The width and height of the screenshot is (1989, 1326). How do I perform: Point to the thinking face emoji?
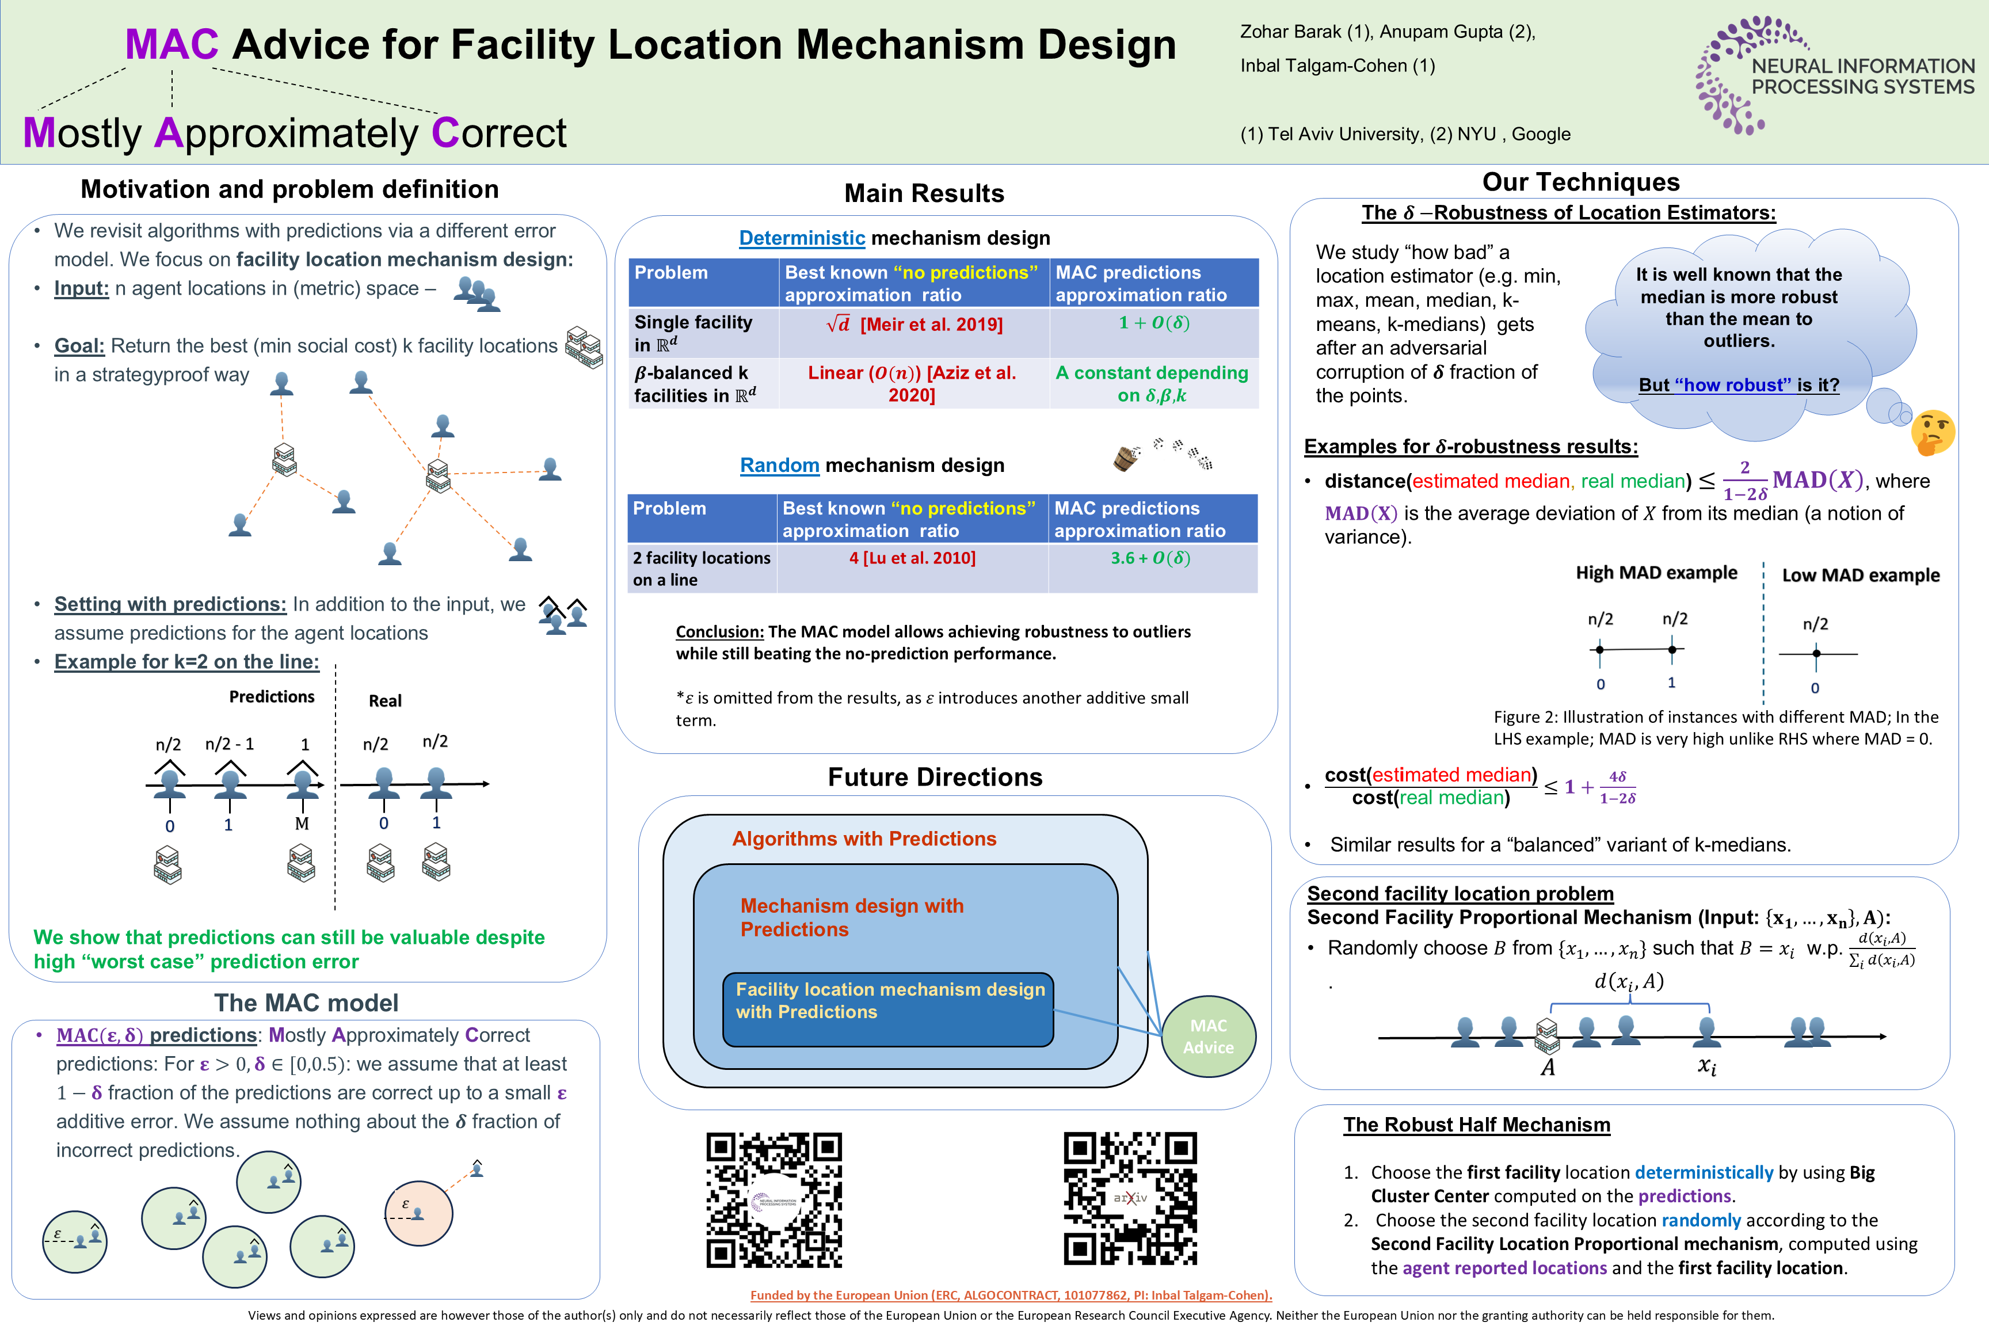1933,432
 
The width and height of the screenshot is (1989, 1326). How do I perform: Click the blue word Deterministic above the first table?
801,238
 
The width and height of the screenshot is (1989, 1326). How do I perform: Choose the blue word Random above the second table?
779,465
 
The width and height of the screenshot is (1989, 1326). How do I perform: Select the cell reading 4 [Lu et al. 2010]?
912,558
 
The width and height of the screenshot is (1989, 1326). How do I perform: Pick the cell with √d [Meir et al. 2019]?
913,324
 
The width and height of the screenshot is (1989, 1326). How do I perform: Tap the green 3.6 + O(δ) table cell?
1150,558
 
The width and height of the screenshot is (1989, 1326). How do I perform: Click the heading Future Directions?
935,776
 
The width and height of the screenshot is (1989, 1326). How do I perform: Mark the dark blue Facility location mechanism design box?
888,1009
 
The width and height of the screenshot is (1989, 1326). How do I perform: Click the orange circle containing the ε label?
418,1213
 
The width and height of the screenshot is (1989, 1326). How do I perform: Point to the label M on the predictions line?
302,824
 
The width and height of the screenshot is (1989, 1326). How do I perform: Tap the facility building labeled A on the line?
1547,1034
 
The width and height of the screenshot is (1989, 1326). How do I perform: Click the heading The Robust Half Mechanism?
1477,1124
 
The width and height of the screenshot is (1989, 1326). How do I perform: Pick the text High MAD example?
1656,573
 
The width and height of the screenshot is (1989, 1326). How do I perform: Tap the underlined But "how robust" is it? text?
1739,385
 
